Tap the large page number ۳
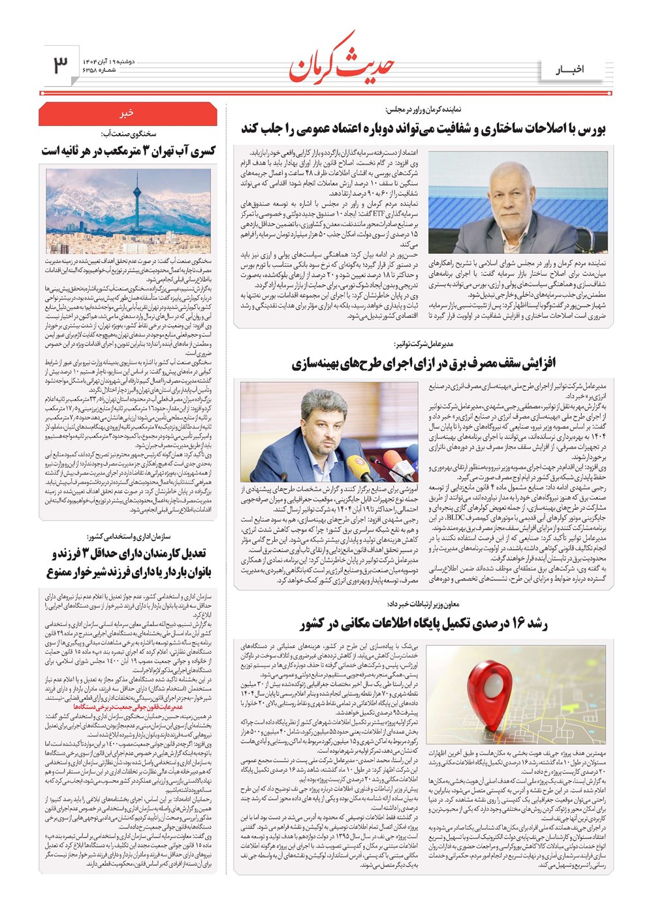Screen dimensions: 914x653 click(x=60, y=65)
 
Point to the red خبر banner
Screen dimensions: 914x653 click(x=128, y=113)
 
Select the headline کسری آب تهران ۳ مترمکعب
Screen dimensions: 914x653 click(x=128, y=151)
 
